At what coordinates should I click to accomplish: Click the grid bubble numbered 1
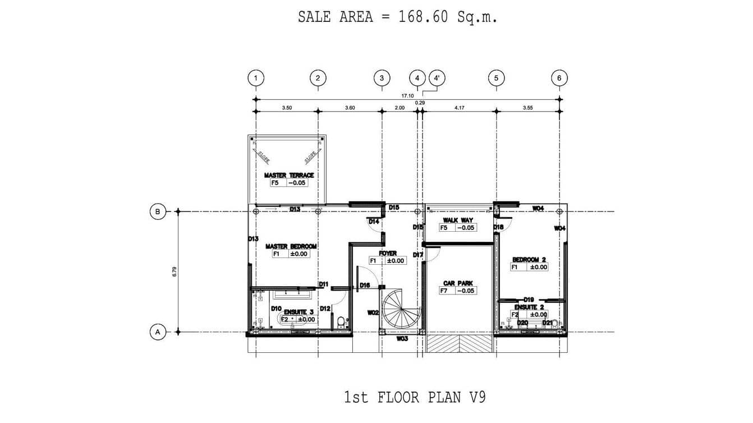(x=256, y=78)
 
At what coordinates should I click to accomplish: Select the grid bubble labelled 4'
(x=437, y=78)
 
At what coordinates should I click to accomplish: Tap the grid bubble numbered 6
(x=559, y=78)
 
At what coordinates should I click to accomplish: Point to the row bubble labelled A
(x=158, y=332)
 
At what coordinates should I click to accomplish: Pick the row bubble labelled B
(x=158, y=211)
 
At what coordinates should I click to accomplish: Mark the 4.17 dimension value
(x=459, y=107)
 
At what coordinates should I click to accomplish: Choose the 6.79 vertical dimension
(x=175, y=272)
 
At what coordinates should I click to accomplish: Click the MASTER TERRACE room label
(x=289, y=176)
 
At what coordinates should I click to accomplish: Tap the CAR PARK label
(x=458, y=283)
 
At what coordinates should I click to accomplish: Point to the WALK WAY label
(x=458, y=220)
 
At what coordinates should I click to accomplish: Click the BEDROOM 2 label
(x=529, y=260)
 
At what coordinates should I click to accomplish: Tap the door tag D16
(x=365, y=286)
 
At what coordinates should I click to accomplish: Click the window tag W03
(x=402, y=339)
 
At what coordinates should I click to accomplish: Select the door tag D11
(x=323, y=284)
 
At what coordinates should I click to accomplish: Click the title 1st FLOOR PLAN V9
(x=415, y=398)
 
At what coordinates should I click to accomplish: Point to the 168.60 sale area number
(x=423, y=17)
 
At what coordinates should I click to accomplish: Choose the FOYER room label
(x=387, y=254)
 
